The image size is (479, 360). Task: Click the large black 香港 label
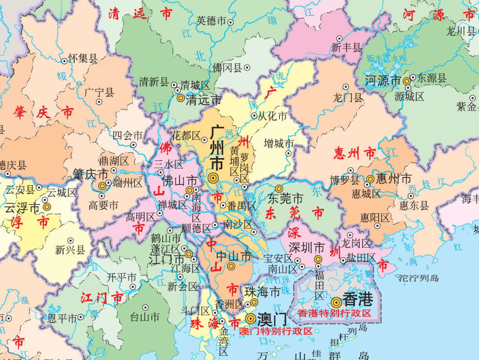[358, 300]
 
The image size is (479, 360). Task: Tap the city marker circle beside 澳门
[250, 318]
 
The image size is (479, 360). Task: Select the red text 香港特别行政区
[334, 313]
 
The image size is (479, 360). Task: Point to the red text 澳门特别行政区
[276, 331]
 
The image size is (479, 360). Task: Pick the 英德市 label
[211, 21]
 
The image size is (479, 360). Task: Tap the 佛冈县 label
[227, 68]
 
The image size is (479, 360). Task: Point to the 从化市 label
[272, 116]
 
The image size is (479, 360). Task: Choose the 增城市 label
[279, 144]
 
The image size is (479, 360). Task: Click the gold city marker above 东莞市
[279, 188]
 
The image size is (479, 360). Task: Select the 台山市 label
[145, 316]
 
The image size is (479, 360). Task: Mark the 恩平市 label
[62, 317]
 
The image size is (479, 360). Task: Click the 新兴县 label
[70, 250]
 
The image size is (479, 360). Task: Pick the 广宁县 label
[99, 92]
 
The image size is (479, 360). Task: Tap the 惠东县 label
[414, 205]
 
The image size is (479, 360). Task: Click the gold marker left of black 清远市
[181, 98]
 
